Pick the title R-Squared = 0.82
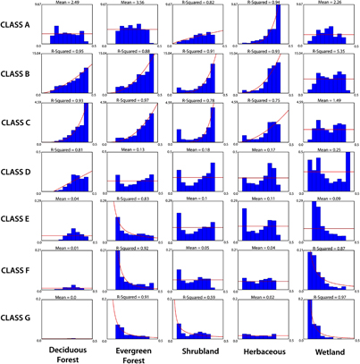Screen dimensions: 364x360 click(x=200, y=4)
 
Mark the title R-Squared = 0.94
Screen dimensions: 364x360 click(x=264, y=4)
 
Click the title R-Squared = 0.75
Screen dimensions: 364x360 click(x=264, y=102)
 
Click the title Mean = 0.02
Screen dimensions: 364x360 click(x=264, y=296)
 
